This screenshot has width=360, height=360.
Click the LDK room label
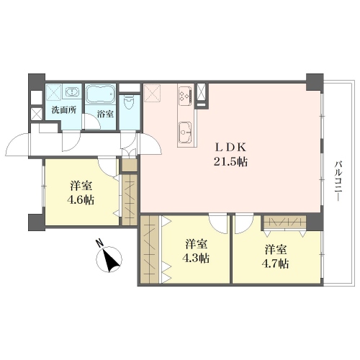pyautogui.click(x=230, y=148)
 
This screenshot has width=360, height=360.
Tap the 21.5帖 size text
pyautogui.click(x=230, y=162)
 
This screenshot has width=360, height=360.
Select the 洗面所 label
pyautogui.click(x=64, y=110)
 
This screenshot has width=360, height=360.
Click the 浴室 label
pyautogui.click(x=105, y=114)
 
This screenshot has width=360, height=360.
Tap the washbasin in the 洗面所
pyautogui.click(x=71, y=91)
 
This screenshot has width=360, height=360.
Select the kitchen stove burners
pyautogui.click(x=185, y=95)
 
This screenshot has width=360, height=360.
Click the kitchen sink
pyautogui.click(x=185, y=132)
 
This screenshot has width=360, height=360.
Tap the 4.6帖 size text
pyautogui.click(x=81, y=200)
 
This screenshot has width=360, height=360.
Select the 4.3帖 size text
pyautogui.click(x=196, y=258)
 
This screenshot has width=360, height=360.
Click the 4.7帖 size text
pyautogui.click(x=275, y=264)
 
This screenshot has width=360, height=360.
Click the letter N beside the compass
pyautogui.click(x=99, y=243)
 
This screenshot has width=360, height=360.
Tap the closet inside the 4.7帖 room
pyautogui.click(x=284, y=222)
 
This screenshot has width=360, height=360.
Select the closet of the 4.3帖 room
pyautogui.click(x=149, y=250)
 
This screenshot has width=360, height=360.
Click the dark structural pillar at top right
pyautogui.click(x=315, y=82)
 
